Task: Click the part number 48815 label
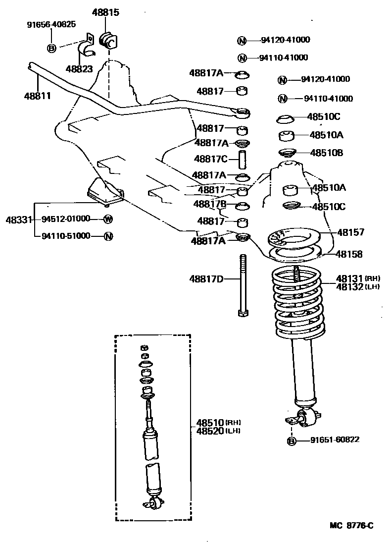[x=105, y=13]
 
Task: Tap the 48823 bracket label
[x=79, y=69]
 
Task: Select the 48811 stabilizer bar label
[x=37, y=95]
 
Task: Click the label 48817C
[x=210, y=159]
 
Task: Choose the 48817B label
[x=210, y=204]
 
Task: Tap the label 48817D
[x=206, y=279]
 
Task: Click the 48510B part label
[x=326, y=153]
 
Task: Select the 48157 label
[x=350, y=232]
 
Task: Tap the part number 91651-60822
[x=335, y=440]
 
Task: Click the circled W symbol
[x=108, y=219]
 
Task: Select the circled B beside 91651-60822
[x=292, y=440]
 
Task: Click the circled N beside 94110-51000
[x=108, y=236]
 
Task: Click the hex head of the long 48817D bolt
[x=242, y=313]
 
